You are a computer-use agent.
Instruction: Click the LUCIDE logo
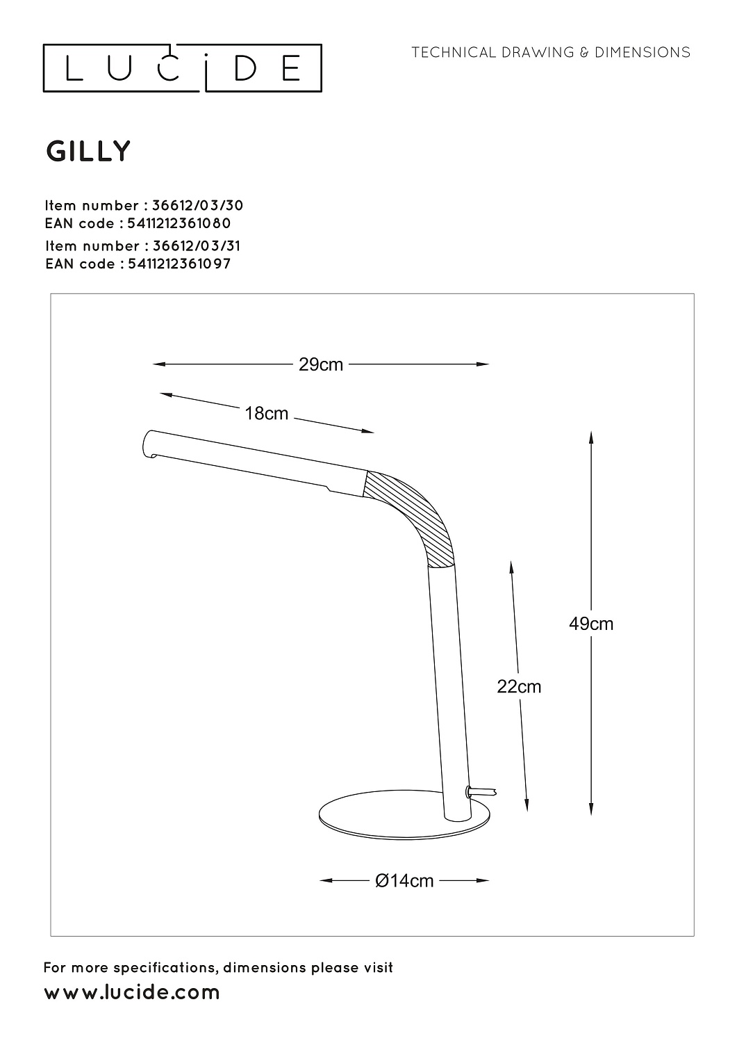click(183, 68)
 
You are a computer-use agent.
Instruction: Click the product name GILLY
click(88, 152)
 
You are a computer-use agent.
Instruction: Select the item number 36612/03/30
click(198, 205)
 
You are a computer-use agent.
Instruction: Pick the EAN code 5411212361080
click(179, 223)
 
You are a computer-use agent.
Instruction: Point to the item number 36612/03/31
click(197, 246)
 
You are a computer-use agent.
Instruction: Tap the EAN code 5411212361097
click(179, 264)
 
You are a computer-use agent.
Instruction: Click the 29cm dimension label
click(321, 364)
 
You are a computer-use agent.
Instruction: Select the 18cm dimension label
click(267, 414)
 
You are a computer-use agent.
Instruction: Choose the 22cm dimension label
click(519, 687)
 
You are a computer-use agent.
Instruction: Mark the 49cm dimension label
click(591, 624)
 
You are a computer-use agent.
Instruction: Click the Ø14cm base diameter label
click(404, 881)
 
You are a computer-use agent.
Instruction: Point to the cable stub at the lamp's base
click(482, 791)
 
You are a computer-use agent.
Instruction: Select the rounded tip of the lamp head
click(149, 444)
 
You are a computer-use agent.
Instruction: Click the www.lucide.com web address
click(132, 992)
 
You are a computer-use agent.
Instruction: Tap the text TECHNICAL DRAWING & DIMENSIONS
click(551, 52)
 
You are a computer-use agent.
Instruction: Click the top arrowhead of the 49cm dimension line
click(591, 437)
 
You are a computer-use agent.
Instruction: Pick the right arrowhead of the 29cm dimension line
click(483, 364)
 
